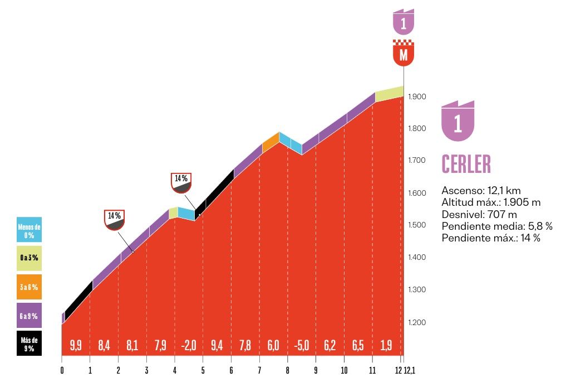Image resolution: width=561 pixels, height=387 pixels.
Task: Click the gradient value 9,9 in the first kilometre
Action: click(x=76, y=346)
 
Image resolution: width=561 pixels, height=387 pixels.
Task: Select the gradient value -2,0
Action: click(x=189, y=346)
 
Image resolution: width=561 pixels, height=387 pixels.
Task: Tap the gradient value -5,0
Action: click(x=301, y=346)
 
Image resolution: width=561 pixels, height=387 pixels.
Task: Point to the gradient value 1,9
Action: click(x=386, y=346)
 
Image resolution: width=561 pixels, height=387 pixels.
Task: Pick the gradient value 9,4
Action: click(x=217, y=346)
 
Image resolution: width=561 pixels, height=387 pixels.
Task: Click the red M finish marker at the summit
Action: click(x=403, y=54)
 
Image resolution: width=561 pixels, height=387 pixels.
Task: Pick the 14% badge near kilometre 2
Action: click(x=114, y=220)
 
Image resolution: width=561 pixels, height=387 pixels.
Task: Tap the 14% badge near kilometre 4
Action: click(x=181, y=182)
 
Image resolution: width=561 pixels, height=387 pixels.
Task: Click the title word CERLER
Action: click(x=466, y=163)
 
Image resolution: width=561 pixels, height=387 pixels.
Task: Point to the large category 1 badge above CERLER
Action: click(x=457, y=121)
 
